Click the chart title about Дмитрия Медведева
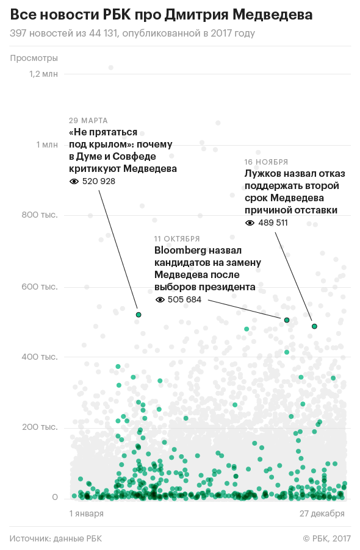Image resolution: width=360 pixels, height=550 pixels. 161,15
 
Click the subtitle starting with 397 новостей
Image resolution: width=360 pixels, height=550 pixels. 132,34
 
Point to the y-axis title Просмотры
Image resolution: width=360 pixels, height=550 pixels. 34,58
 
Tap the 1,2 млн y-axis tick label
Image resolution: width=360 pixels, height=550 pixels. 43,74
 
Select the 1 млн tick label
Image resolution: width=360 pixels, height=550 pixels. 47,145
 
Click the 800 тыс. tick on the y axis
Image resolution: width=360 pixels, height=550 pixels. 40,215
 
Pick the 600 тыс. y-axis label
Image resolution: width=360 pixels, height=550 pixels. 40,287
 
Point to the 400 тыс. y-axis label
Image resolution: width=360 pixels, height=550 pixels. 40,357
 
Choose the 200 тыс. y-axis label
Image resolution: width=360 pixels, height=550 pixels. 40,427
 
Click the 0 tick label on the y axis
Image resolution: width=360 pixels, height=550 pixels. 55,498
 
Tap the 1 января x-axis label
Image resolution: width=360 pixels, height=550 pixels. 86,513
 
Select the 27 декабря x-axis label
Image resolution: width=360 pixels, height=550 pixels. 322,513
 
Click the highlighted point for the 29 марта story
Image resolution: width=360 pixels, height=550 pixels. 139,315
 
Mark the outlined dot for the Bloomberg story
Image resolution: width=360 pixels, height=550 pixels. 287,320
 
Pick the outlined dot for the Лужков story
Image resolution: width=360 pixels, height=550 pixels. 314,327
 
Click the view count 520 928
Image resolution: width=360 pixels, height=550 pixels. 99,181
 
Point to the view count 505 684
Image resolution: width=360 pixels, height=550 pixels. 184,299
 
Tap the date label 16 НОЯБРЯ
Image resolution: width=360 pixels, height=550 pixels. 266,162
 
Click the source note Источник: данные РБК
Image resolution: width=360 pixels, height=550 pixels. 56,538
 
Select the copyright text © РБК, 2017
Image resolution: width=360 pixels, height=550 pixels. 326,538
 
